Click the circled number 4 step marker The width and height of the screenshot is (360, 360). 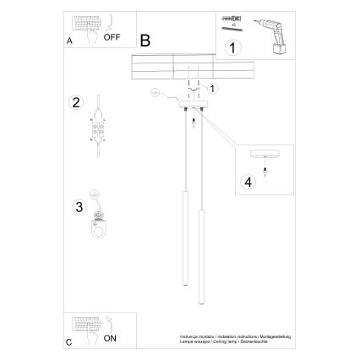[x=247, y=181]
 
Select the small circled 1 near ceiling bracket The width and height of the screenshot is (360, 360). [x=212, y=87]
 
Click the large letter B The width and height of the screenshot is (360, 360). [x=145, y=40]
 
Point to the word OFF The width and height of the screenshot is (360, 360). [x=112, y=38]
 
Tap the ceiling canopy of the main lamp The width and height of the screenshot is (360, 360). [x=194, y=109]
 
